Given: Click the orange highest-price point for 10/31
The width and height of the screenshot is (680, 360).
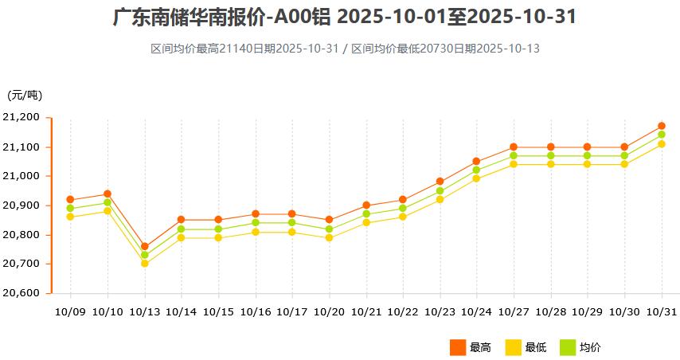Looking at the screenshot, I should point(662,126).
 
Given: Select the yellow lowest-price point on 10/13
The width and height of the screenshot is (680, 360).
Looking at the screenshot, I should point(145,264).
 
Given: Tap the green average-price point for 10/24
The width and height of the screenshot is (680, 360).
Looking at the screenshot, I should point(476,170).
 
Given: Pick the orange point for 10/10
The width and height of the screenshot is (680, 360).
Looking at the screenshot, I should point(107,194).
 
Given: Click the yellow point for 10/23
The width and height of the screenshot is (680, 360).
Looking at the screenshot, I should point(440,199).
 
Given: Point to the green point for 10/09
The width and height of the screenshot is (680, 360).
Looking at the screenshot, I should point(70,208).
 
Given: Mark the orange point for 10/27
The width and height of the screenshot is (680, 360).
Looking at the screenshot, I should point(514,147).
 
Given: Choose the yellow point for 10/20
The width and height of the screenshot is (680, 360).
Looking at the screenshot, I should point(329,237).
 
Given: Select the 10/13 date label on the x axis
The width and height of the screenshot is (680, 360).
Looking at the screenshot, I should point(145,311).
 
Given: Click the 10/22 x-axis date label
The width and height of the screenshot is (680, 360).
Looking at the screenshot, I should point(403,311).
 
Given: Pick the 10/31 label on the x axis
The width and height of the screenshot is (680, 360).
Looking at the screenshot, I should point(662,311).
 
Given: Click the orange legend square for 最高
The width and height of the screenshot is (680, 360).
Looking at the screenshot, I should point(457,347).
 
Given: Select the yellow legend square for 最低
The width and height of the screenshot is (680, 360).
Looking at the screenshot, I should point(513,347).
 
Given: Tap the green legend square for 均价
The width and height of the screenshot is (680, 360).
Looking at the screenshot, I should point(568,347).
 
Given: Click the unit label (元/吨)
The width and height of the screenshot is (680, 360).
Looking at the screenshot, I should point(25,96).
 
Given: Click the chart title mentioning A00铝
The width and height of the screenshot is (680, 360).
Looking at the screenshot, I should point(344,18).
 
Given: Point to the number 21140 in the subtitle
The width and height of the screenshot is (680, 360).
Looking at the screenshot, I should point(236,49).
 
